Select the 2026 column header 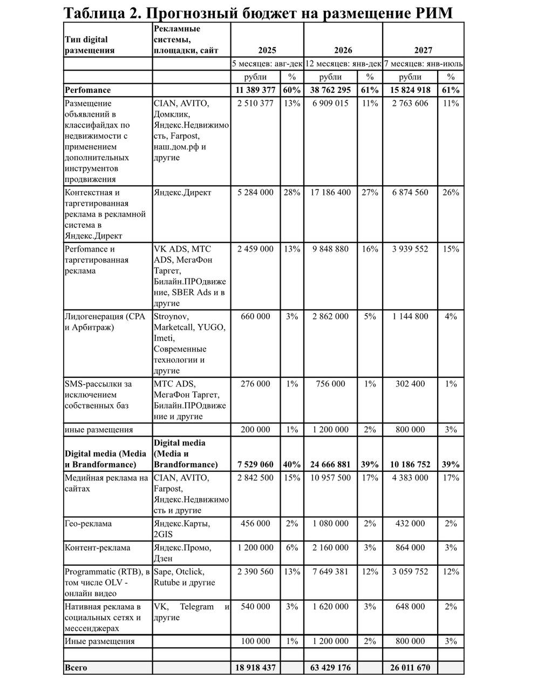pos(343,50)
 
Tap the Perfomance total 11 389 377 pos(255,90)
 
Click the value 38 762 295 pos(330,90)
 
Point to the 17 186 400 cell pos(330,193)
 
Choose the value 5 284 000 pos(255,193)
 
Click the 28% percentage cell pos(292,193)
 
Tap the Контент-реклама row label pos(97,547)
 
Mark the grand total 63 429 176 pos(330,668)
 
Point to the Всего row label pos(76,668)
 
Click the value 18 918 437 pos(255,668)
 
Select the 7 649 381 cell pos(330,572)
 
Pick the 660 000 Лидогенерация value pos(255,317)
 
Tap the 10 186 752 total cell pos(410,464)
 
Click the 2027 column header pos(423,50)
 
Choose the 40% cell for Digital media pos(292,464)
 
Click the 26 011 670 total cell pos(410,668)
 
